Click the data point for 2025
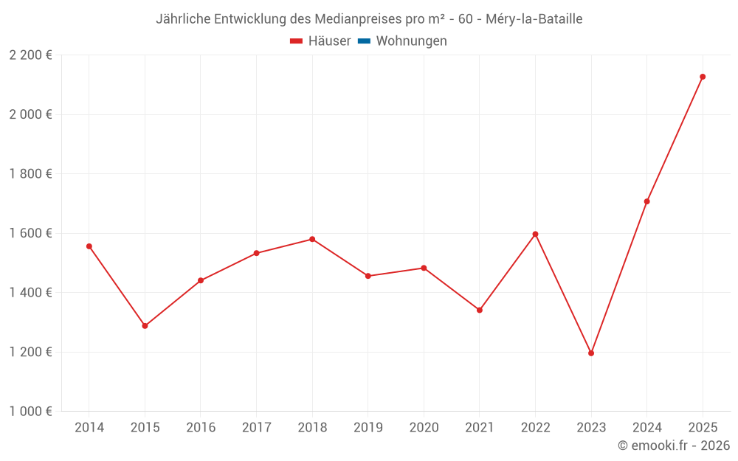[703, 77]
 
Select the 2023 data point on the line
[591, 353]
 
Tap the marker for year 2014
[89, 246]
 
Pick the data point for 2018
[312, 239]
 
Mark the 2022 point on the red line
[535, 234]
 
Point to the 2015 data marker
[145, 326]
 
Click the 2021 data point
[480, 310]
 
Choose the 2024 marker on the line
[646, 201]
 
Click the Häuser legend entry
[320, 41]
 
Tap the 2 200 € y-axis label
[30, 55]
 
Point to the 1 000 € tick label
[30, 412]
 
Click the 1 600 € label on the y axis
[30, 233]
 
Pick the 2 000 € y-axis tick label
[30, 114]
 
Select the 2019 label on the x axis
[368, 428]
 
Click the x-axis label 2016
[201, 428]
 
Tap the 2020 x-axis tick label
[424, 428]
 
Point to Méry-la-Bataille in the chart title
[534, 19]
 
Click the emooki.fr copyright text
[674, 446]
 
